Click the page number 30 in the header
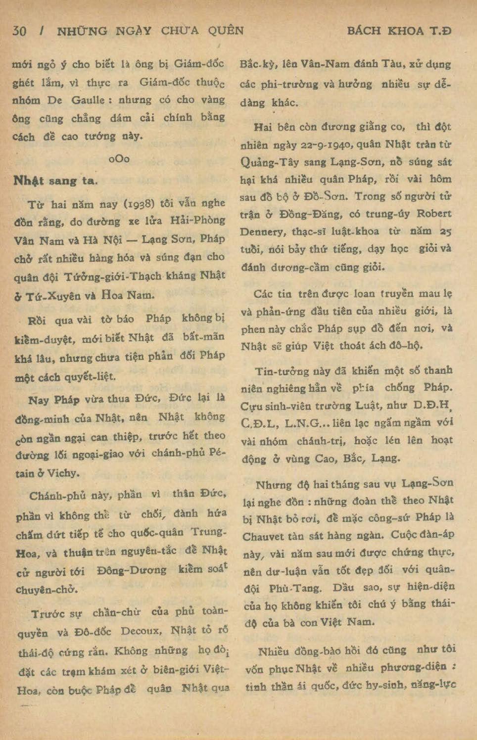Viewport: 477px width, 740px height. point(19,31)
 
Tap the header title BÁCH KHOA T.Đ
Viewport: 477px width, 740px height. point(399,31)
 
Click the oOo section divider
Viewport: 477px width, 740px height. point(119,159)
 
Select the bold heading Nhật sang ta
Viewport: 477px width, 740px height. point(55,181)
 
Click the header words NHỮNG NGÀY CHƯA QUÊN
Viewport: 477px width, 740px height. point(150,31)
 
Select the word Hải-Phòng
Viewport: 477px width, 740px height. point(198,220)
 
